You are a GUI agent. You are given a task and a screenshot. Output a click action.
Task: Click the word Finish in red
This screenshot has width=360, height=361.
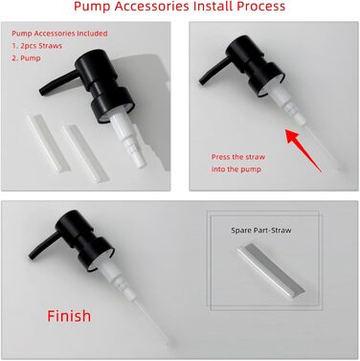[x=69, y=316]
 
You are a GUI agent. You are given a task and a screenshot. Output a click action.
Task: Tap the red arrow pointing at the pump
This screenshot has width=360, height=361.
[x=304, y=150]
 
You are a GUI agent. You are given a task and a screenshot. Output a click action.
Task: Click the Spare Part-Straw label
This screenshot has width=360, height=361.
[x=261, y=230]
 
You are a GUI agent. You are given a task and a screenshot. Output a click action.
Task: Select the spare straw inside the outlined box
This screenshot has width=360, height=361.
[x=271, y=271]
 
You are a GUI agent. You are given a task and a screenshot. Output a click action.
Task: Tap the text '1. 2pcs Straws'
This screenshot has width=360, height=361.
[x=36, y=46]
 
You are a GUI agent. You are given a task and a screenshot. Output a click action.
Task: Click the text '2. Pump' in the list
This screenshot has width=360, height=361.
[x=26, y=58]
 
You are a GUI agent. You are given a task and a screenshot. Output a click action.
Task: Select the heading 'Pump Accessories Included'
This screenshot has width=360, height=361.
[x=59, y=34]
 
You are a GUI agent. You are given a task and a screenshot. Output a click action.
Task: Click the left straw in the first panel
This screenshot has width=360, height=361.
[x=48, y=145]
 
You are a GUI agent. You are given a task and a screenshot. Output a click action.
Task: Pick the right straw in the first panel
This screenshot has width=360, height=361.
[x=86, y=154]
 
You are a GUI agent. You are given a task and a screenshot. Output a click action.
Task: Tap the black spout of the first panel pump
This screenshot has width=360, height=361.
[x=58, y=82]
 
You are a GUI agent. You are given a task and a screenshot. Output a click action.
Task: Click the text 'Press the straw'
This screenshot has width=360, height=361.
[x=238, y=157]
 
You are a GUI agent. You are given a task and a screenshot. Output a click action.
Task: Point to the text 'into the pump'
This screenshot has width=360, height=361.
[x=236, y=169]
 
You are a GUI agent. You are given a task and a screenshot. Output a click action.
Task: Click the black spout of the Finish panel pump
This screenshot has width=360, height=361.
[x=44, y=246]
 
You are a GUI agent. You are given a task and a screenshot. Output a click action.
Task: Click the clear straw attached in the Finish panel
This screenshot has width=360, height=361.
[x=151, y=319]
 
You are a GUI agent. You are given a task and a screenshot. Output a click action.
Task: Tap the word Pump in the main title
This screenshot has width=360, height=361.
[x=92, y=6]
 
